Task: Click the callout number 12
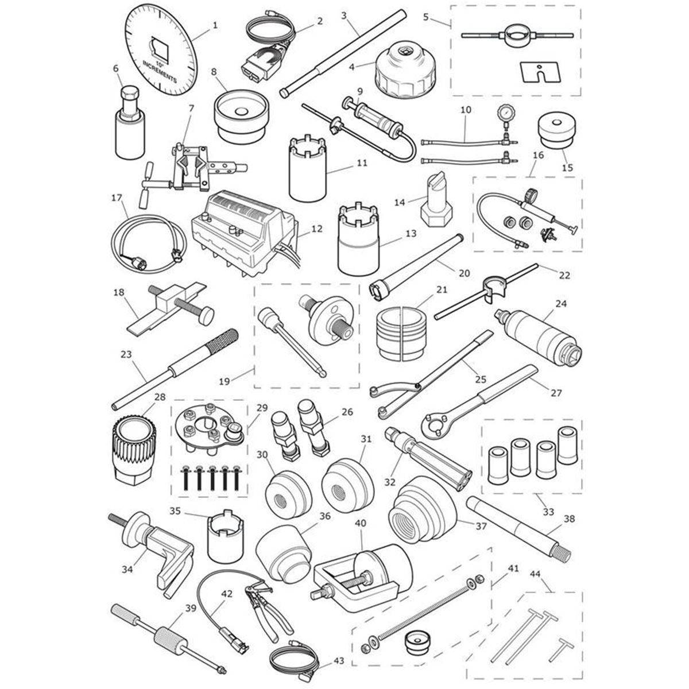317,229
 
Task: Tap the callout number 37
481,527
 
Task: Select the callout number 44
535,574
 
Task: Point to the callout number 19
224,381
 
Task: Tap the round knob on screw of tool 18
207,316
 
